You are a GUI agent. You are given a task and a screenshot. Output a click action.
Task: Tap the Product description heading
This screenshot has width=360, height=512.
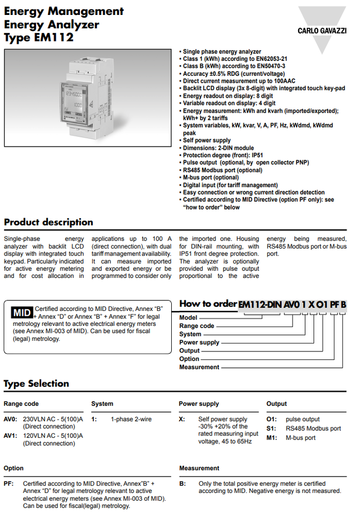49,222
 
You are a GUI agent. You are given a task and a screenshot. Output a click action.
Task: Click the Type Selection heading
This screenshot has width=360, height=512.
36,383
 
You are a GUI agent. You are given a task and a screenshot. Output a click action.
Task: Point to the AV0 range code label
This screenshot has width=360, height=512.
10,419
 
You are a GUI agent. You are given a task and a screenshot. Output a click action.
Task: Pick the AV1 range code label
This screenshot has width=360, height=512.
10,436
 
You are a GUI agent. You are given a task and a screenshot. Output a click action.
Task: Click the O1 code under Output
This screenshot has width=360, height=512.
271,419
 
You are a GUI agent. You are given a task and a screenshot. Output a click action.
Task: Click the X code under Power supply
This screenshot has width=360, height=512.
182,419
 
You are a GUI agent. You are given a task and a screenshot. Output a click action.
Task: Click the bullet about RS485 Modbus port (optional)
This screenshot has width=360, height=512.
222,170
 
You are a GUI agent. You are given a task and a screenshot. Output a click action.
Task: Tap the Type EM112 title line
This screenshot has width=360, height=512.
38,37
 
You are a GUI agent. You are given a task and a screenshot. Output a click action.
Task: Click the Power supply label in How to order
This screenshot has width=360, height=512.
199,342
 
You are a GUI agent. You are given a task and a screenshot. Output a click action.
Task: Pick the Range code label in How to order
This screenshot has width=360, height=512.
196,326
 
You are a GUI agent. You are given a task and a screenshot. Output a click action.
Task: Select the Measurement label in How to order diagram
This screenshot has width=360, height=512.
199,367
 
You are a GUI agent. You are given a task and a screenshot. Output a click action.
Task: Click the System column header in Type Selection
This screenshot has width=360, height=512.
102,404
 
